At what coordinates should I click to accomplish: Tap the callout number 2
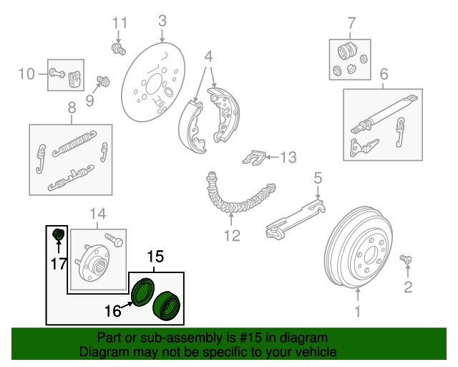point(407,288)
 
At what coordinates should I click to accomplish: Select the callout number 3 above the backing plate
point(162,20)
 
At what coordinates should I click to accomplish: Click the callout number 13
point(287,157)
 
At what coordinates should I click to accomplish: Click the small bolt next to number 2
point(405,259)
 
